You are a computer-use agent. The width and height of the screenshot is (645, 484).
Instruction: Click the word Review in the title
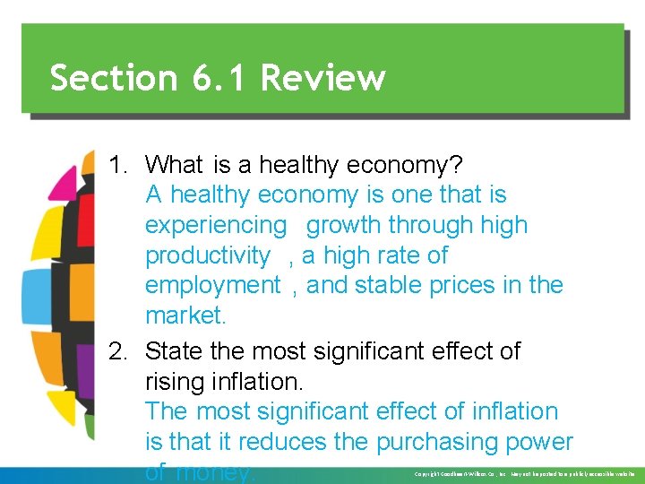tap(323, 78)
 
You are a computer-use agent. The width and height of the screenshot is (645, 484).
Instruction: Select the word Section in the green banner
tap(114, 78)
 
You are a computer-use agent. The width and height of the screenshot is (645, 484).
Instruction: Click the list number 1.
tap(118, 165)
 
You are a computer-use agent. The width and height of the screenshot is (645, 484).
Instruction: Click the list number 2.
tap(118, 351)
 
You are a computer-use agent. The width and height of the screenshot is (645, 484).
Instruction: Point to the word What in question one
tap(175, 165)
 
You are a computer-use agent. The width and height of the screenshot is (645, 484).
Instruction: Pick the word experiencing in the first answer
tap(215, 225)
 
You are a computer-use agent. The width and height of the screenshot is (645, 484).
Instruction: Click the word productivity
tap(207, 255)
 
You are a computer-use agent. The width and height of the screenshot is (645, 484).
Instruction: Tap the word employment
tap(212, 286)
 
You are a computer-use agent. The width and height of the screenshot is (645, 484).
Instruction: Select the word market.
tap(184, 315)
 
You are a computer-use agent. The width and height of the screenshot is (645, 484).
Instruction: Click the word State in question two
tap(176, 351)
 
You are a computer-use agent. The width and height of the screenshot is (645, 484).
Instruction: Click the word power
tap(541, 442)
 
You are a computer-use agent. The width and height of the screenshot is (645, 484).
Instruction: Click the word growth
tap(345, 225)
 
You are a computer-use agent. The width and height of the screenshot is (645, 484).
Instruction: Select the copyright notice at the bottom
tap(525, 473)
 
